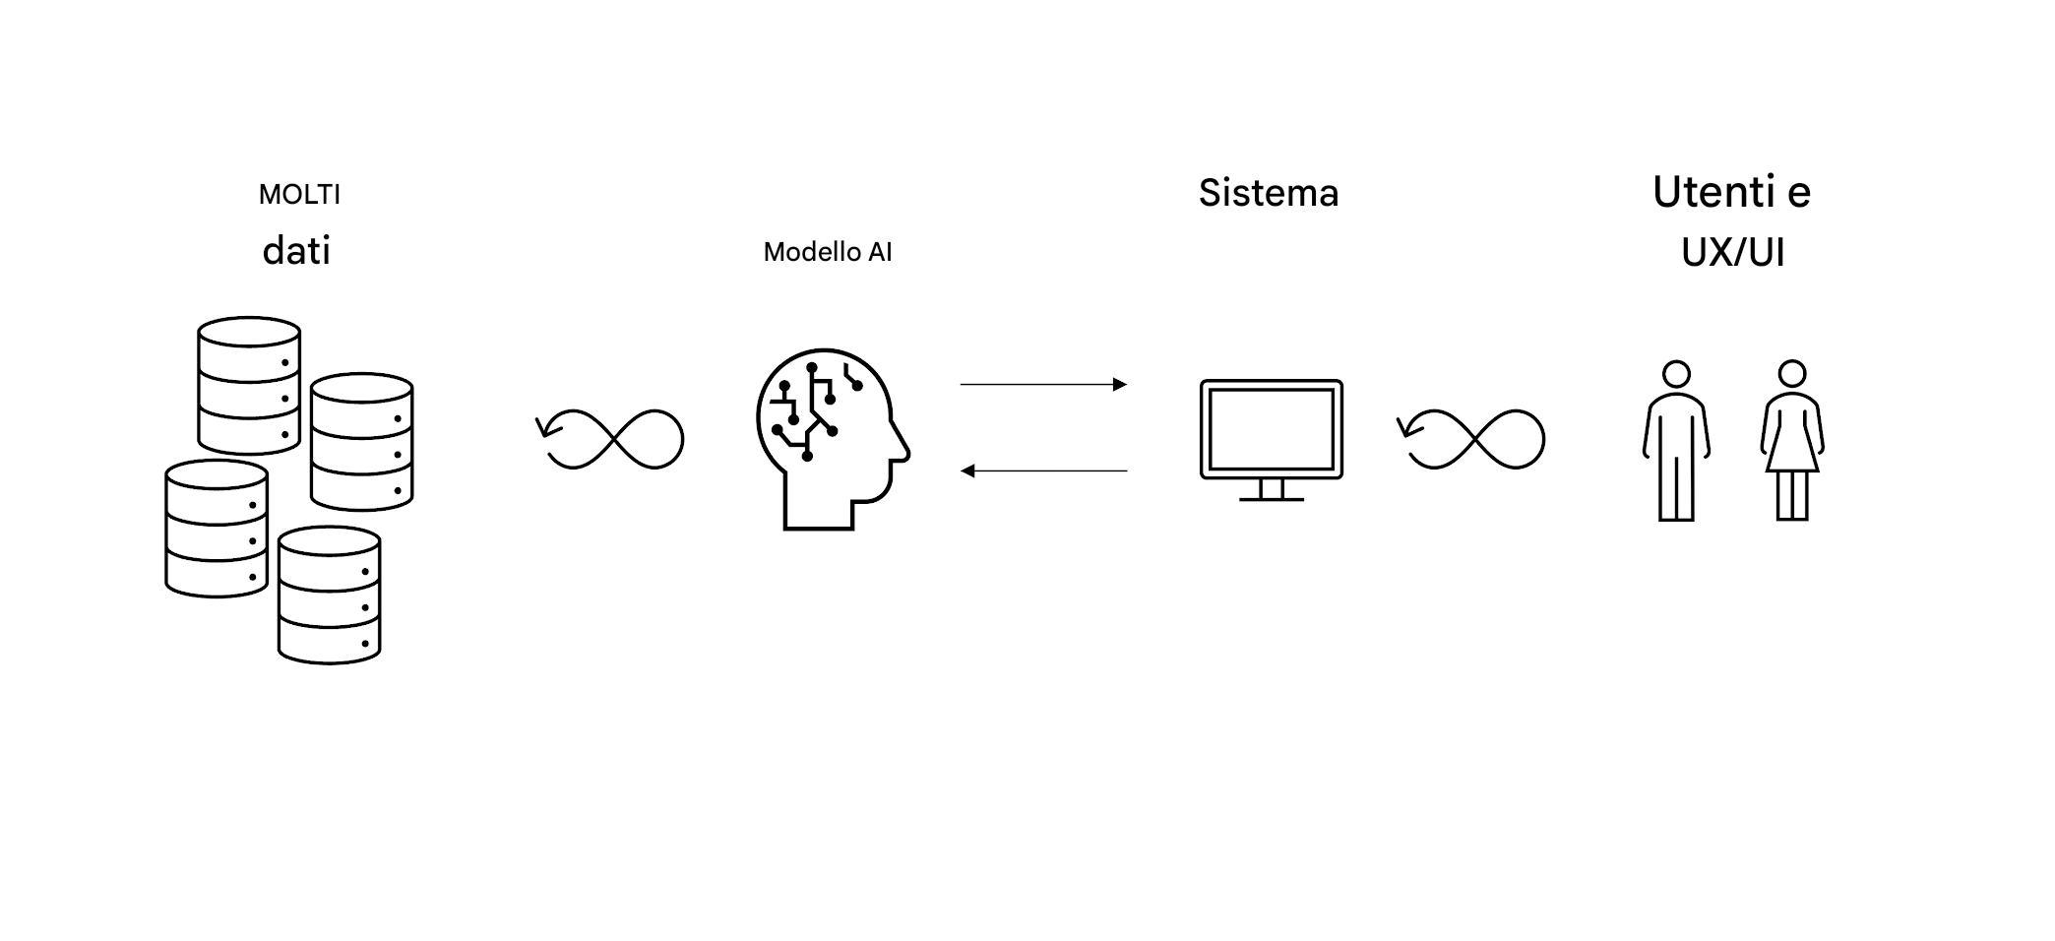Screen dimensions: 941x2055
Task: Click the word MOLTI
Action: coord(299,195)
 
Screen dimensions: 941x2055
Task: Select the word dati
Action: coord(296,251)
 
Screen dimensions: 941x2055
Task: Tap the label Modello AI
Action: coord(828,252)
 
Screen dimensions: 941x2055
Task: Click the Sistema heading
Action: coord(1269,193)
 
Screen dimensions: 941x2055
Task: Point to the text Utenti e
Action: coord(1731,192)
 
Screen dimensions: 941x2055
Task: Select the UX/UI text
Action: coord(1732,253)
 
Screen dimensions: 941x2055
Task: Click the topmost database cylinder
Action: coord(249,385)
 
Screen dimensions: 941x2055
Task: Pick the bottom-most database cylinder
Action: coord(330,595)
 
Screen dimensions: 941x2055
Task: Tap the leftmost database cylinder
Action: coord(217,529)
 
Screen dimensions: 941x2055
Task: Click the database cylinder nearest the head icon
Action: coord(361,441)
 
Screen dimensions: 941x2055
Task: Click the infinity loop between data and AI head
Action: coord(613,439)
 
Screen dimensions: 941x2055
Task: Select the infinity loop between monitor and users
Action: coord(1474,439)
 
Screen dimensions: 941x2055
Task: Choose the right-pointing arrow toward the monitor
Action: coord(1043,385)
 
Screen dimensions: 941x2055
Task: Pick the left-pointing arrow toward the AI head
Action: coord(1043,471)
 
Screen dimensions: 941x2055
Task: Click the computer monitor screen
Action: coord(1271,429)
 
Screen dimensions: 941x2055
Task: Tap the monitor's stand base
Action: coord(1271,499)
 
